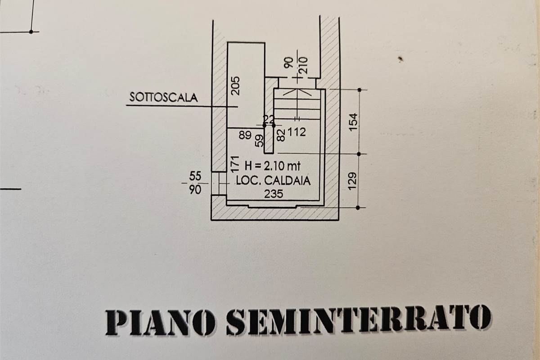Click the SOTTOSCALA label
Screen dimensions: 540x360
pos(164,97)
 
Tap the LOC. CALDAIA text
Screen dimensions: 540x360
pos(273,180)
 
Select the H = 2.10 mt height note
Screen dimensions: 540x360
pos(273,166)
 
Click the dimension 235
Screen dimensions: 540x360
pos(274,194)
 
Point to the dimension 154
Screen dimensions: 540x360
pos(353,122)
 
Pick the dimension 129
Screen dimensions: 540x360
pos(352,181)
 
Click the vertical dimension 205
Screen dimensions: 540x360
pos(235,86)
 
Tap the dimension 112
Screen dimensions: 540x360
pos(297,132)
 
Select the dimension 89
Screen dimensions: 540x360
pos(245,135)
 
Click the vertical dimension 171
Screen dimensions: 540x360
pos(235,164)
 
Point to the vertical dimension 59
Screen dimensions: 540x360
pos(259,140)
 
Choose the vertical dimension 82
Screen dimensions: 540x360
pos(281,135)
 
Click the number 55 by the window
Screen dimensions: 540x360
pos(195,176)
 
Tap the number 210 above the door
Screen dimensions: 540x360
pos(304,65)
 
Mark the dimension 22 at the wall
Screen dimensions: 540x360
pos(269,119)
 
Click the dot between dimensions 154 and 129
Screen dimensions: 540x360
pos(359,154)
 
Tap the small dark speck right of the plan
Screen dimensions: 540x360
pos(400,59)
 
